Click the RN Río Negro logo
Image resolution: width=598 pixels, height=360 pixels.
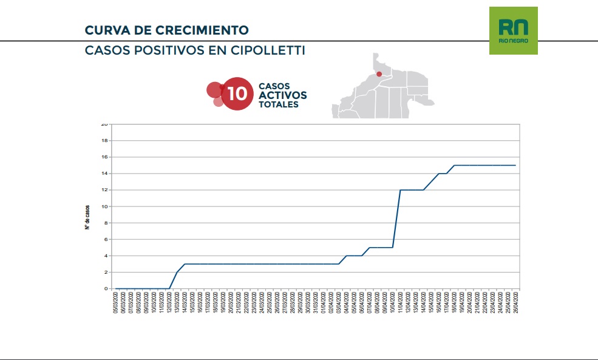[513, 30]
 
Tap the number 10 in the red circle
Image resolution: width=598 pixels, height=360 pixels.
[237, 94]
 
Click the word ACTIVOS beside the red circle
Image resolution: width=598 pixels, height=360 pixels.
[282, 95]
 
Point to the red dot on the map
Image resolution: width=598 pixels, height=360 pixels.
[379, 74]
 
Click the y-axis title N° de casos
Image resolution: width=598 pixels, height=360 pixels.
[88, 217]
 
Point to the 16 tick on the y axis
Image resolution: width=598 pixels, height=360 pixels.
[104, 157]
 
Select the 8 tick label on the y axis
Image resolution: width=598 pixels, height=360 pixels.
[106, 223]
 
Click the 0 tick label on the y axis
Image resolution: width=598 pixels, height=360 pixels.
[106, 289]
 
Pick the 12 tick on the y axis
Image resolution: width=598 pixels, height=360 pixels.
[104, 190]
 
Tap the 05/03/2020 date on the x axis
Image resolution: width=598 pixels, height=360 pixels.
[116, 302]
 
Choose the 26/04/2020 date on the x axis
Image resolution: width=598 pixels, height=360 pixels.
[515, 302]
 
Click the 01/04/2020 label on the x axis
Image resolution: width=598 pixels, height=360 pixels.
[324, 302]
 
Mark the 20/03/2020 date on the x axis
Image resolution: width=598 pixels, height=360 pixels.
[231, 302]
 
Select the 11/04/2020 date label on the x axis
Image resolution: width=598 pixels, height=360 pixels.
[401, 302]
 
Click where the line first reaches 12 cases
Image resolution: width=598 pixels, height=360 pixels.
[401, 190]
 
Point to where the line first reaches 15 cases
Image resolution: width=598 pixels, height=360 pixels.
[454, 165]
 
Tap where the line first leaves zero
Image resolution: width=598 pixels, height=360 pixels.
[169, 288]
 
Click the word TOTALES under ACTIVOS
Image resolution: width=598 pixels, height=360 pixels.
[278, 104]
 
